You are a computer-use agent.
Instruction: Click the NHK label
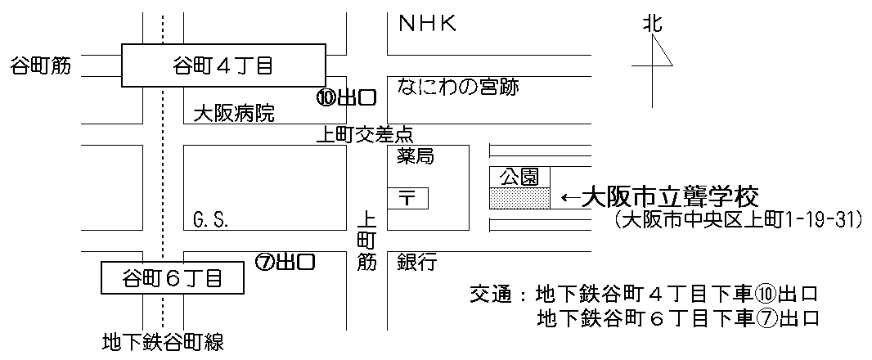click(425, 25)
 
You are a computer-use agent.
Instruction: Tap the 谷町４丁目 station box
click(222, 65)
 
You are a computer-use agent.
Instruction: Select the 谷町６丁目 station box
click(172, 278)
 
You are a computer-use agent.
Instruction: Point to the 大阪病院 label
click(234, 114)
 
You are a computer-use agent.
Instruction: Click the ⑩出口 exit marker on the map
click(346, 98)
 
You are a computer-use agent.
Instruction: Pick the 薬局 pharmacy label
click(416, 158)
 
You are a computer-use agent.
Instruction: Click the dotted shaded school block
click(519, 197)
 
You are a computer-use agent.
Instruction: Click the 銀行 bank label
click(417, 263)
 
